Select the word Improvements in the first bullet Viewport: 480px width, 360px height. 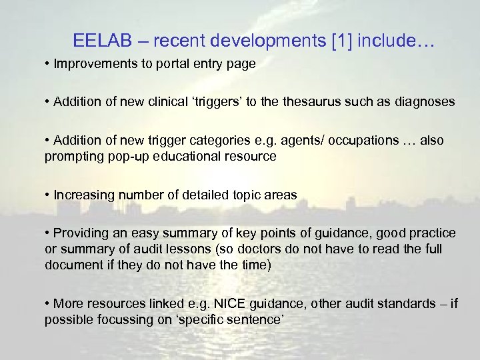pos(93,66)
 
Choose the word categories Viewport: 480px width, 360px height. pos(237,142)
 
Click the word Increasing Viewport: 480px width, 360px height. pos(83,195)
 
